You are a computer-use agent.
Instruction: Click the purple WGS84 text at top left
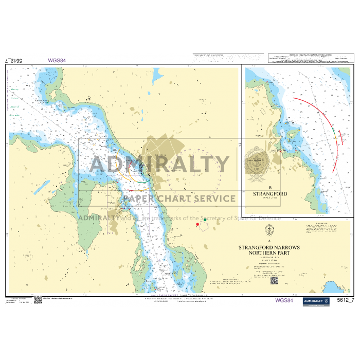pyautogui.click(x=57, y=60)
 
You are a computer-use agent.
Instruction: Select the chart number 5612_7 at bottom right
pyautogui.click(x=345, y=300)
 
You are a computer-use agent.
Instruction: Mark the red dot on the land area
pyautogui.click(x=197, y=224)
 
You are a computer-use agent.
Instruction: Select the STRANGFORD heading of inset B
pyautogui.click(x=270, y=194)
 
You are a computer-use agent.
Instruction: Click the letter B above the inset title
pyautogui.click(x=269, y=188)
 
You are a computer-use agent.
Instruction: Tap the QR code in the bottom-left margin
pyautogui.click(x=38, y=300)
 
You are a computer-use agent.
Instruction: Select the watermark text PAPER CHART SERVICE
pyautogui.click(x=178, y=199)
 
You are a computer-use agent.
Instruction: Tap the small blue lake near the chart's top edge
pyautogui.click(x=155, y=77)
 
